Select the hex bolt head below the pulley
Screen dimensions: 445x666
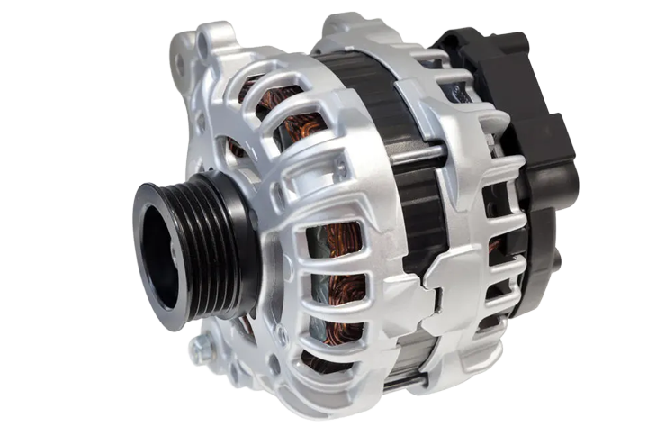(x=202, y=348)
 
